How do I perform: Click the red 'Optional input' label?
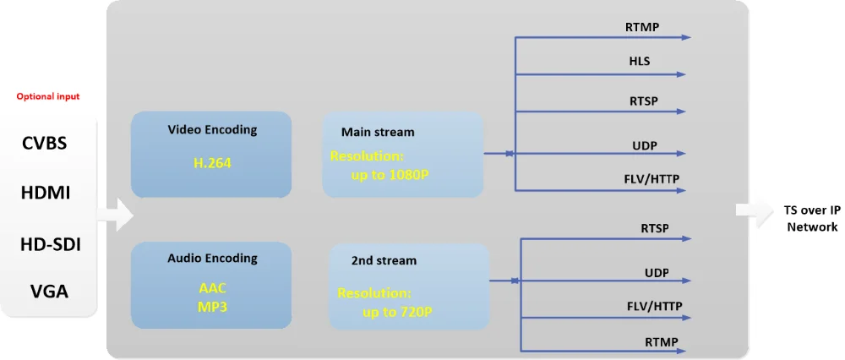tap(48, 97)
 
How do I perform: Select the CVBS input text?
tap(45, 143)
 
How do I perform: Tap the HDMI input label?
tap(46, 193)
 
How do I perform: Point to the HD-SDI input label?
tap(50, 245)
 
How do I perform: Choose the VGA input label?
tap(49, 292)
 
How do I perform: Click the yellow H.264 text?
tap(212, 163)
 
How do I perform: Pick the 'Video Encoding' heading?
tap(212, 130)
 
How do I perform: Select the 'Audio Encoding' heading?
tap(212, 258)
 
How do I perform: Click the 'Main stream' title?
tap(378, 132)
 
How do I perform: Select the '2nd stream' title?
tap(384, 260)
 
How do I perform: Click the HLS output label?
tap(640, 62)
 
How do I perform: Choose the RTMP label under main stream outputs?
tap(642, 27)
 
